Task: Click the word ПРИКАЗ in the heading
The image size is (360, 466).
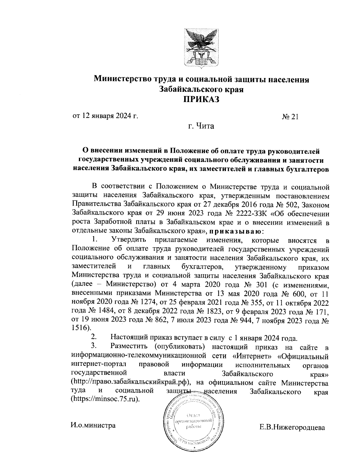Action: click(201, 99)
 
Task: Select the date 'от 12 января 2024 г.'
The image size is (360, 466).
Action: click(105, 116)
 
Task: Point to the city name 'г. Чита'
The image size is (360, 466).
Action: click(201, 126)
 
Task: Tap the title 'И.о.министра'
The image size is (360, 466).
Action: click(93, 425)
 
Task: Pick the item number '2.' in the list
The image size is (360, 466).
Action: click(94, 337)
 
